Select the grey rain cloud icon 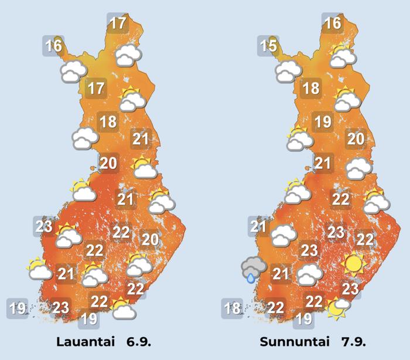click(254, 267)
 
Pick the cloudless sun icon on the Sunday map click(353, 263)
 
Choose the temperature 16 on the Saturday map click(53, 45)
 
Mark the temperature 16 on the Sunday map click(332, 23)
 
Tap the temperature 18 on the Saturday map click(108, 123)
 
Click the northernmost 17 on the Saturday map click(117, 23)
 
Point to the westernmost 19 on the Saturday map click(18, 308)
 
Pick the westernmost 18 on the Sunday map click(233, 308)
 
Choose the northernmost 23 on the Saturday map click(44, 226)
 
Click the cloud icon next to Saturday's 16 click(74, 72)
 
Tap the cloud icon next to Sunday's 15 click(288, 72)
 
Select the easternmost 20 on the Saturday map click(150, 239)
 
